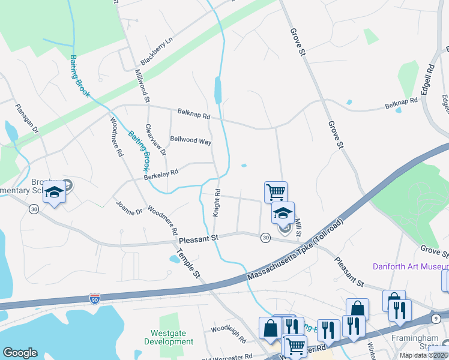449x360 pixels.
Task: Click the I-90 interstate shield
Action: (x=94, y=298)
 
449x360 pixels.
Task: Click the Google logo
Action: (x=20, y=353)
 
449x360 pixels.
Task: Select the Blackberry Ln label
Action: (x=156, y=52)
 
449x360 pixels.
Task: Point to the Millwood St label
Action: (x=142, y=85)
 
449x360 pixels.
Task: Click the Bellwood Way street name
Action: (x=191, y=142)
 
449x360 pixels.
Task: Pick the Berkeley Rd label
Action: (x=161, y=173)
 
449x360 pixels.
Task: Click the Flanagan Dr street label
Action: (x=27, y=119)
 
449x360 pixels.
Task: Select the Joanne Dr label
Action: (x=129, y=208)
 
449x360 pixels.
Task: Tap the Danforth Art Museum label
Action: (x=410, y=266)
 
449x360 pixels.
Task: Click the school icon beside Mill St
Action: (x=283, y=212)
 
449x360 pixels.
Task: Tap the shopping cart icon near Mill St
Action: (x=276, y=192)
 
